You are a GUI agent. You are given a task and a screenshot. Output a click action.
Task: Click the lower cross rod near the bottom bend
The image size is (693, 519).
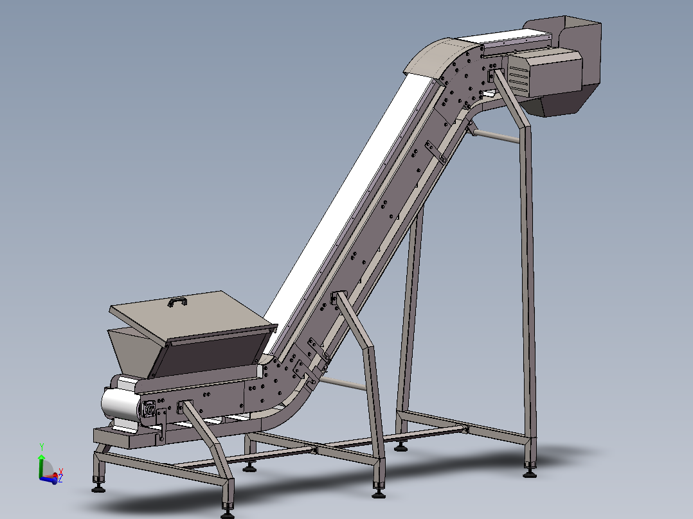tap(341, 383)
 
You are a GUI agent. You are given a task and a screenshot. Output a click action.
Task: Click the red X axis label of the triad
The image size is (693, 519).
tap(60, 471)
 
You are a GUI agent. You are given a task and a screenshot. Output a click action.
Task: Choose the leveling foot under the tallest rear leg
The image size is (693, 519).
tap(530, 473)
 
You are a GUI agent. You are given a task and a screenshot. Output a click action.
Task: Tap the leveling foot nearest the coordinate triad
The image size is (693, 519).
tap(98, 488)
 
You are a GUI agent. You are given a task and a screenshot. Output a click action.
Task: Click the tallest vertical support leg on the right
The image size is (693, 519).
tap(528, 289)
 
